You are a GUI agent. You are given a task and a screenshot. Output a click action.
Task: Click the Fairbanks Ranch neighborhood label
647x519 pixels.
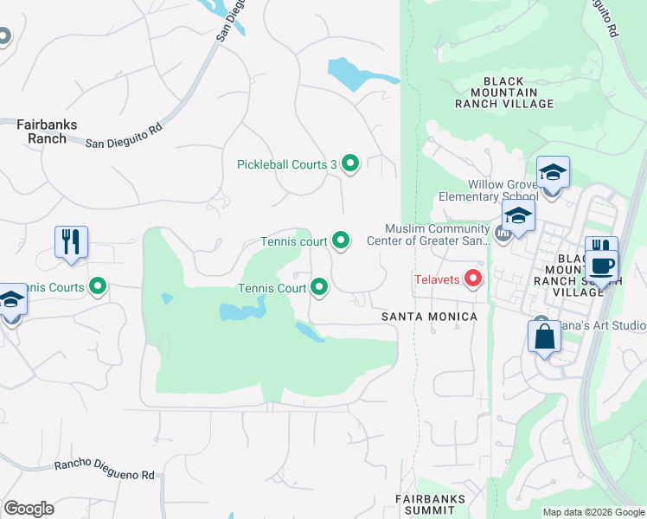pos(47,131)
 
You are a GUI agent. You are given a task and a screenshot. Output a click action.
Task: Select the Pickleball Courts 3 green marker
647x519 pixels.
pos(350,163)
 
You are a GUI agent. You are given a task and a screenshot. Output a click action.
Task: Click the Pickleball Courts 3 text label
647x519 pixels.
pos(287,164)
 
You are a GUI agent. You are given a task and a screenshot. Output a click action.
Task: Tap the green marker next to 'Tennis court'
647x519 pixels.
pos(341,241)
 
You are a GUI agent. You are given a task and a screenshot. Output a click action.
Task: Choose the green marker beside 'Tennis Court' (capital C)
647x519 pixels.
pos(319,287)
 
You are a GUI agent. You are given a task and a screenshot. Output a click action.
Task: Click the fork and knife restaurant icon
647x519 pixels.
pos(72,241)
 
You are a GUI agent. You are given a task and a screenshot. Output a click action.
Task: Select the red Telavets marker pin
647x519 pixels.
pos(473,279)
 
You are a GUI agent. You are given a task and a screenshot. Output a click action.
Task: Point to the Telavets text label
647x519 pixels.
pos(437,279)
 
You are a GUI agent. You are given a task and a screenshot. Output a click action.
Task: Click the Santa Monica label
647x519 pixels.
pos(429,317)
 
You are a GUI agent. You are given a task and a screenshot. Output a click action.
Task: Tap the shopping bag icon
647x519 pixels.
pos(544,336)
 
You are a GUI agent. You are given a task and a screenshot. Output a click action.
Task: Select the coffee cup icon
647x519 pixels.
pos(603,265)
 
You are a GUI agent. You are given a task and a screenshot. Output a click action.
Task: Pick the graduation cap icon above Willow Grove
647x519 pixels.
pos(553,171)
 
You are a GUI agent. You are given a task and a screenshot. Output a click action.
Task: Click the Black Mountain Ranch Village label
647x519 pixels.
pos(504,93)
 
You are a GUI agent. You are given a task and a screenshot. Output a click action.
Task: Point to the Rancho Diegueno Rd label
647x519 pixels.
pos(104,470)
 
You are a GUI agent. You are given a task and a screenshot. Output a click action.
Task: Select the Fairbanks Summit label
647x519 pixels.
pos(430,504)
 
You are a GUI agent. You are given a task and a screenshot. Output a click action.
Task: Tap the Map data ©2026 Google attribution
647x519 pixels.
pos(593,512)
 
